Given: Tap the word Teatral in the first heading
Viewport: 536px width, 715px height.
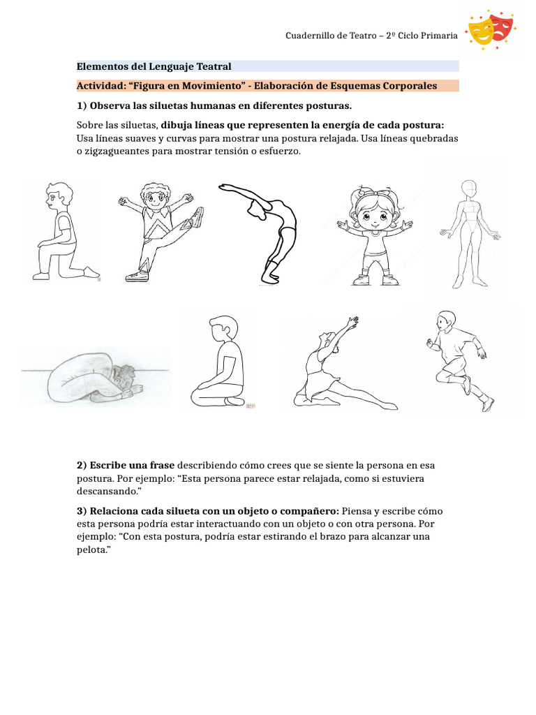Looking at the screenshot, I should (x=213, y=66).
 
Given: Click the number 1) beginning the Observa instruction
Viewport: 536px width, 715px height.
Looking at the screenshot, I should (x=82, y=105).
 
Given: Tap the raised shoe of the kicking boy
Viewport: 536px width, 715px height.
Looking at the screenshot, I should (x=198, y=216).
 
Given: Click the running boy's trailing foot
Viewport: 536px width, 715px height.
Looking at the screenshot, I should (x=488, y=403).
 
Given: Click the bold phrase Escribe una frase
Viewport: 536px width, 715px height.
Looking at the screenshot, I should (x=126, y=465).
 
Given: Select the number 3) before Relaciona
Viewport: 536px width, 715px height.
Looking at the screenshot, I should (x=82, y=511).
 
